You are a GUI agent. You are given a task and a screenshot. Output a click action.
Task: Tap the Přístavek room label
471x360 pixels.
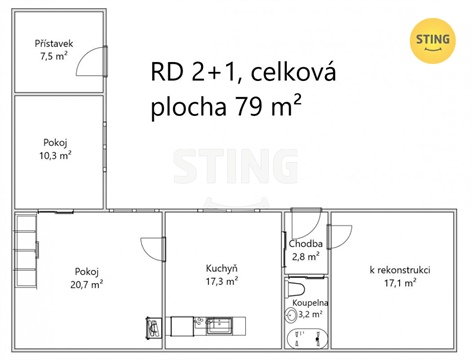52,45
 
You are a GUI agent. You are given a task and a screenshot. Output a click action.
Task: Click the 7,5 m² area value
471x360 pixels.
52,58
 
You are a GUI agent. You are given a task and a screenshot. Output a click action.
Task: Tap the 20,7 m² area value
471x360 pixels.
88,284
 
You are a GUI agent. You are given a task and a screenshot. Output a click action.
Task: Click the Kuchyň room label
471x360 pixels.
221,269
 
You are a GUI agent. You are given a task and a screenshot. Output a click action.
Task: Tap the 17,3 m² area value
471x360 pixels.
221,282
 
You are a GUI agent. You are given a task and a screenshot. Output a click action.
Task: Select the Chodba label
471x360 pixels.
305,244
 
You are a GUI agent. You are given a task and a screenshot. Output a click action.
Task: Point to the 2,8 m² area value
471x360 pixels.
305,257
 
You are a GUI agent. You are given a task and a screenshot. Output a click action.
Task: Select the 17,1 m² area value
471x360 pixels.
399,284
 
